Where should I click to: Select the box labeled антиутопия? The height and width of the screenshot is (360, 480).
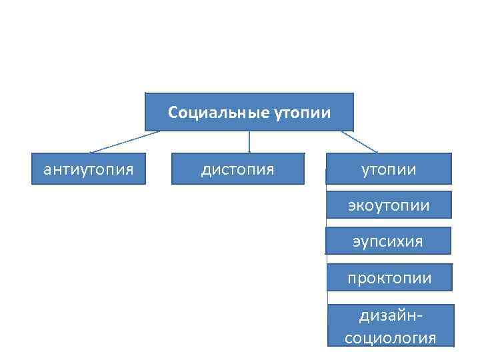coord(89,169)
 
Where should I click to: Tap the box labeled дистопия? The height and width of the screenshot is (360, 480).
coord(238,169)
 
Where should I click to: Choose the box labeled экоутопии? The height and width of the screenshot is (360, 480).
coord(389,205)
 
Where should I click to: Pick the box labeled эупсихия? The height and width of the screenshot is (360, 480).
coord(388,241)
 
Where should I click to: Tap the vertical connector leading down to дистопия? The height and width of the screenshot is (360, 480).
coord(249,142)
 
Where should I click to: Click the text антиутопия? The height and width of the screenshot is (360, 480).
coord(89,169)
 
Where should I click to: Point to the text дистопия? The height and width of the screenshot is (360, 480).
coord(238,169)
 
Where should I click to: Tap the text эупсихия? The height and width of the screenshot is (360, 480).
coord(388,241)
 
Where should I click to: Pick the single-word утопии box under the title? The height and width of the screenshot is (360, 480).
coord(389,169)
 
